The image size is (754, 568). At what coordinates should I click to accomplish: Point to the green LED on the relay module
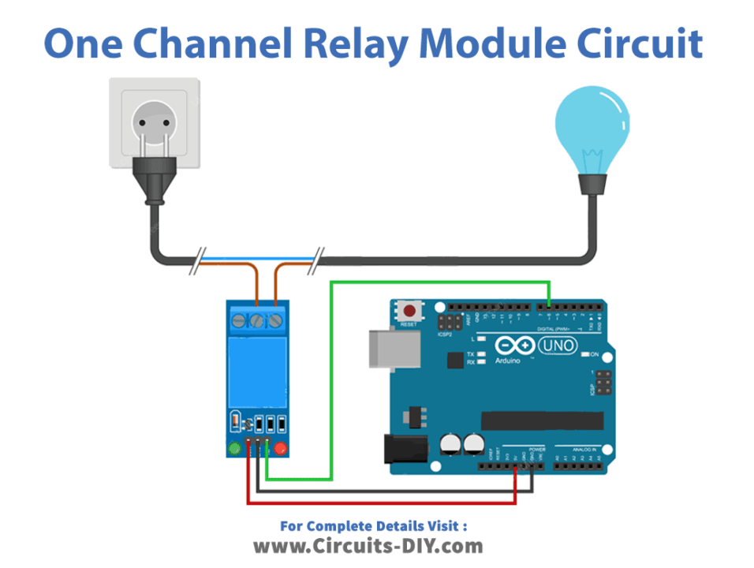(x=234, y=449)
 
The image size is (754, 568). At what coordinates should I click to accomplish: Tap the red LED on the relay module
(x=279, y=449)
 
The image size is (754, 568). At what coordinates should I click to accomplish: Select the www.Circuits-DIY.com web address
(x=368, y=545)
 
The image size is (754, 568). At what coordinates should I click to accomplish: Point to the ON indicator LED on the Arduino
(x=585, y=355)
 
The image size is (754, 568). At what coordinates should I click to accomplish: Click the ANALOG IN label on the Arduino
(x=580, y=450)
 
